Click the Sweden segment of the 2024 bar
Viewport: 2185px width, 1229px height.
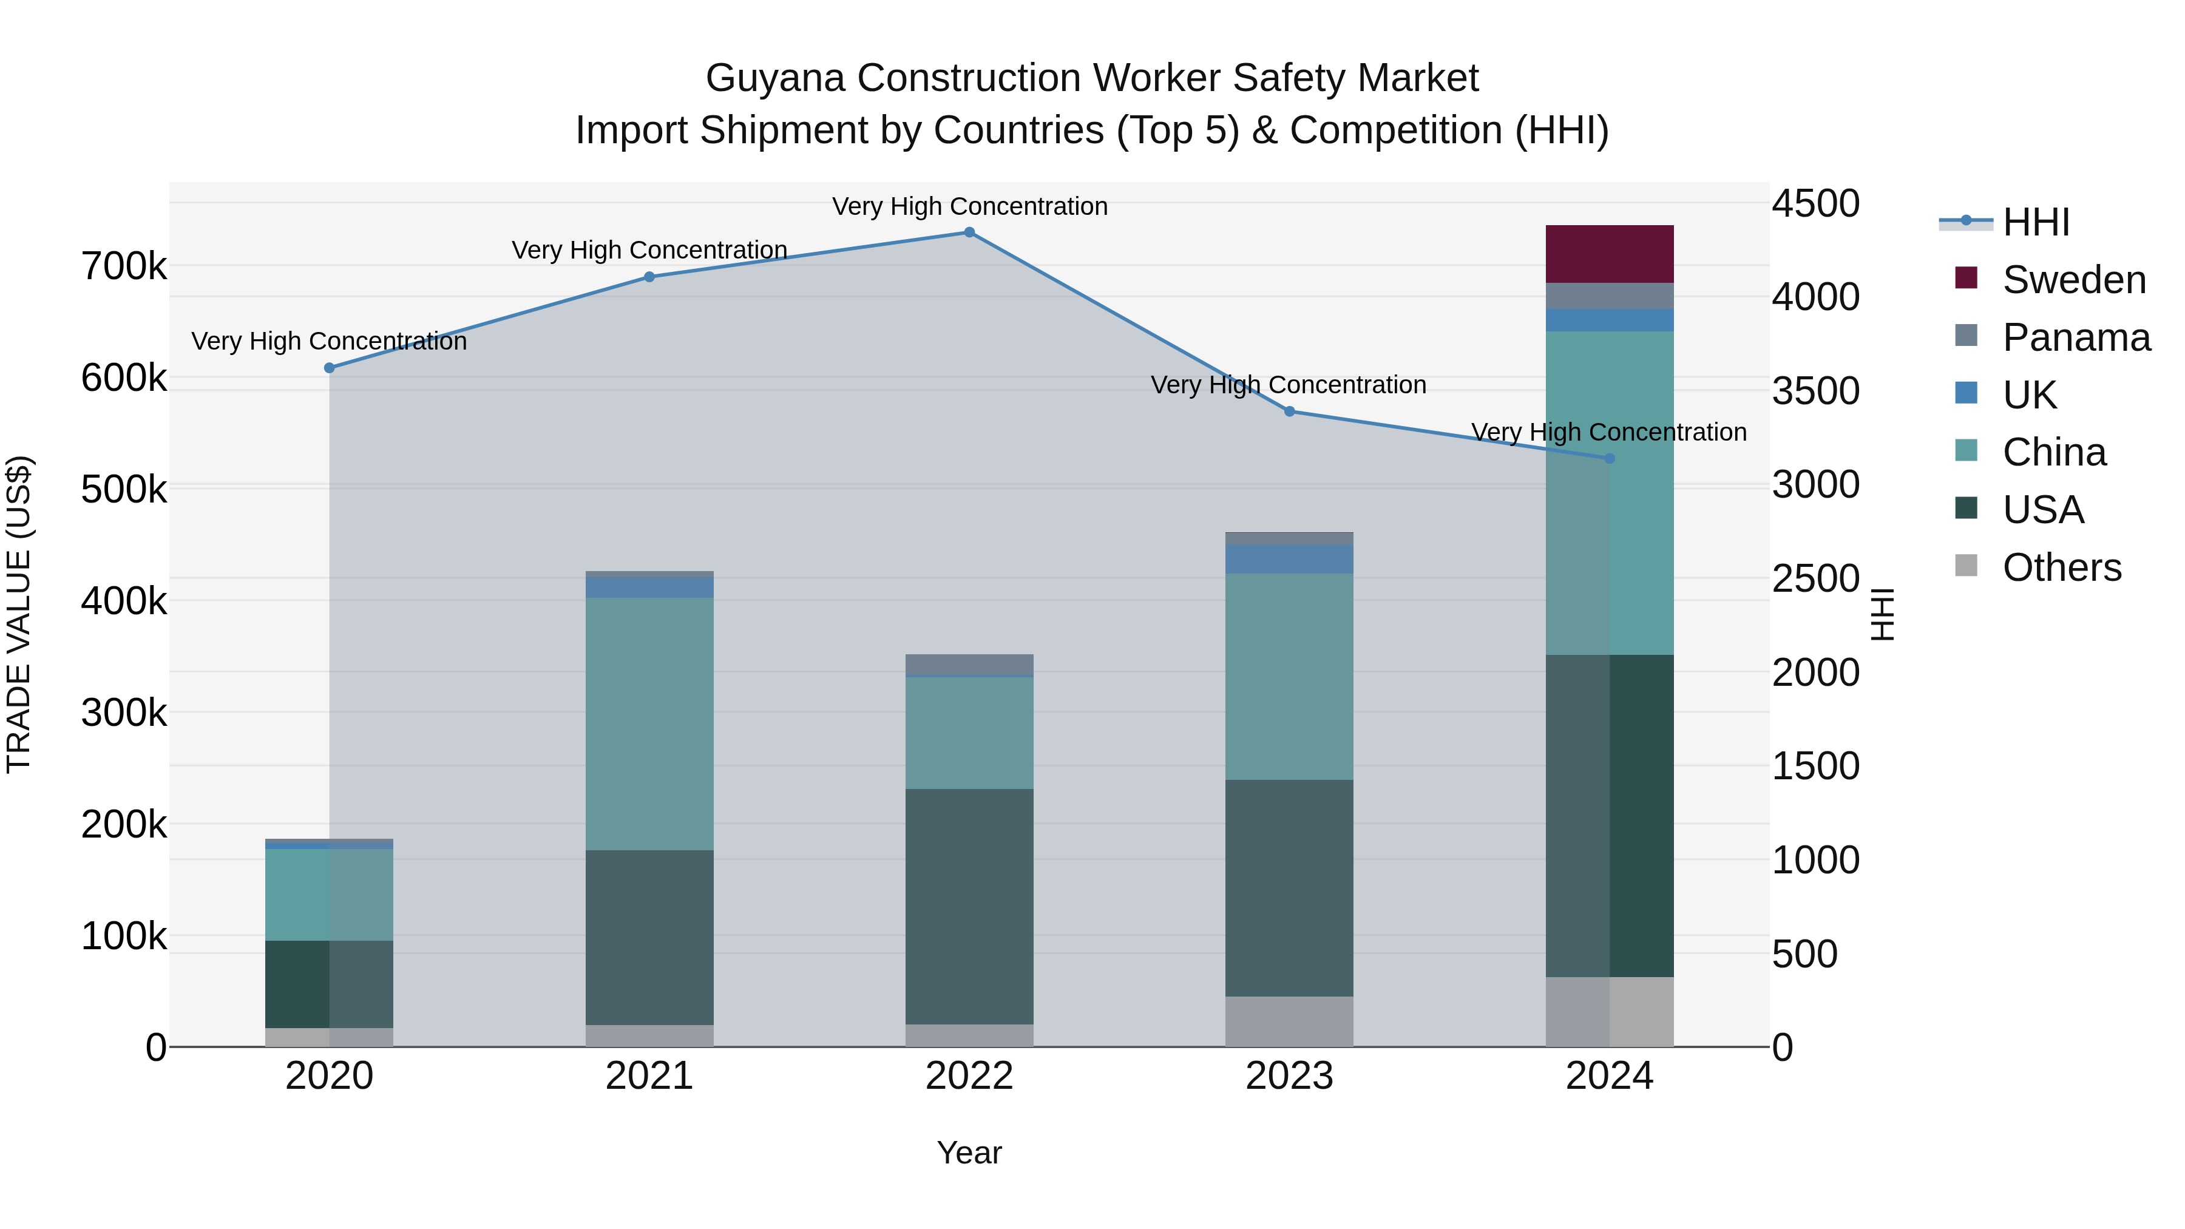pyautogui.click(x=1609, y=254)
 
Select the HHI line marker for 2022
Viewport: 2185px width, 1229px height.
pyautogui.click(x=969, y=232)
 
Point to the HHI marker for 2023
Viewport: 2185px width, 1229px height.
pyautogui.click(x=1289, y=411)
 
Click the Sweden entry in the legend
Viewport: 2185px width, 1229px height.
pyautogui.click(x=2073, y=280)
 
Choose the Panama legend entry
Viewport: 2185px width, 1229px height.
pyautogui.click(x=2076, y=337)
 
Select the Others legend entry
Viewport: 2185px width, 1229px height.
pyautogui.click(x=2061, y=567)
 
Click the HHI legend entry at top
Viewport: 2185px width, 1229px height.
pyautogui.click(x=2036, y=222)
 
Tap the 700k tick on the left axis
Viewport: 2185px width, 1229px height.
pyautogui.click(x=124, y=267)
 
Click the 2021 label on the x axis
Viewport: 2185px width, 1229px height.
pyautogui.click(x=649, y=1076)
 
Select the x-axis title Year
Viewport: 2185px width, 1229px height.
pyautogui.click(x=969, y=1153)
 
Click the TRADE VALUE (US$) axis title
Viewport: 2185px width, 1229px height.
pyautogui.click(x=19, y=614)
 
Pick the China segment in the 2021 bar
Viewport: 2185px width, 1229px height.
pyautogui.click(x=649, y=723)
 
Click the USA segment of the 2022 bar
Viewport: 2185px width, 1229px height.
pyautogui.click(x=969, y=906)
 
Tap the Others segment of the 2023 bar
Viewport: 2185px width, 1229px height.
pyautogui.click(x=1289, y=1021)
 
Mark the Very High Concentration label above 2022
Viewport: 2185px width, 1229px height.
pyautogui.click(x=969, y=207)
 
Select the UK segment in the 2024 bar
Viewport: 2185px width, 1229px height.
pyautogui.click(x=1609, y=320)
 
